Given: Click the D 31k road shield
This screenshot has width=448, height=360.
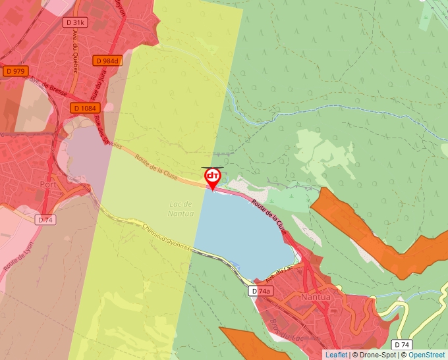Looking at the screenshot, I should (x=76, y=22).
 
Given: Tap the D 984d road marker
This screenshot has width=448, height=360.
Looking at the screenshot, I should (x=107, y=61).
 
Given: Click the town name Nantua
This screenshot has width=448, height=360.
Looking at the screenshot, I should (x=314, y=297).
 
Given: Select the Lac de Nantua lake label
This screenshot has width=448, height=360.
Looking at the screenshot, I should (x=181, y=209).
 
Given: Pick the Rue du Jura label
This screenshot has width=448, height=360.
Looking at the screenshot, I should (x=102, y=86).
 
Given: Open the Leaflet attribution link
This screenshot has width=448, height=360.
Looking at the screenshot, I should (x=336, y=355).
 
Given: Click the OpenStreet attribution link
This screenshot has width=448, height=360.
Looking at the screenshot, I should (x=428, y=355).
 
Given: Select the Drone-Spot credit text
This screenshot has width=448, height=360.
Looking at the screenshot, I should (x=376, y=355).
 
